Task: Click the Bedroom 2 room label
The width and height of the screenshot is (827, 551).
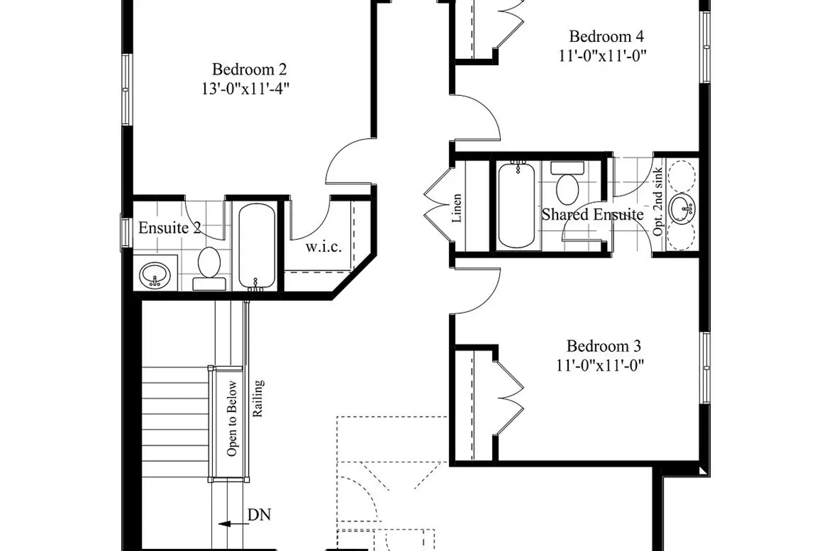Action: point(249,69)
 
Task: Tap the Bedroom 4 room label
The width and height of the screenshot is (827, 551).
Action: point(606,36)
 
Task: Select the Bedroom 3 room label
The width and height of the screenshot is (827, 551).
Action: point(604,346)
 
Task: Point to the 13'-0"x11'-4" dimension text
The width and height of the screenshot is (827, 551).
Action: point(245,89)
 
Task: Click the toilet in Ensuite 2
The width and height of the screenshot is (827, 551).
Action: point(210,269)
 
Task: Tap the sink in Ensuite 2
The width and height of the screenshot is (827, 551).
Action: point(155,275)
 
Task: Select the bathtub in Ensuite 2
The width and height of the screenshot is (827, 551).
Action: point(257,247)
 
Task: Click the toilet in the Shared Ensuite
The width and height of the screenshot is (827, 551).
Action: point(567,183)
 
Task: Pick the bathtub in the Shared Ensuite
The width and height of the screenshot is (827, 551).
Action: point(517,205)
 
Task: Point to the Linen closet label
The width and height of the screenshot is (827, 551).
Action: point(457,208)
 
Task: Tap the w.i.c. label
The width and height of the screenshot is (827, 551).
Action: point(324,247)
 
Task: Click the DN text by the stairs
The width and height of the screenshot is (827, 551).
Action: point(259,515)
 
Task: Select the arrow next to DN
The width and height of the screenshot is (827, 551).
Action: point(234,524)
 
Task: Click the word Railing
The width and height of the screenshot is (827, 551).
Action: point(257,398)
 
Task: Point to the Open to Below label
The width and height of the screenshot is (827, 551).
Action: point(232,419)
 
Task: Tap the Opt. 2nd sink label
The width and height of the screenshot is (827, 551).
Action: point(658,202)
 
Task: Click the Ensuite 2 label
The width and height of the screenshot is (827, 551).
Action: point(170,228)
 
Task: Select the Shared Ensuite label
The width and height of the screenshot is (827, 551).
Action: point(593,214)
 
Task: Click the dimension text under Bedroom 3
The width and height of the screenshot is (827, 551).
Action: point(600,366)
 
